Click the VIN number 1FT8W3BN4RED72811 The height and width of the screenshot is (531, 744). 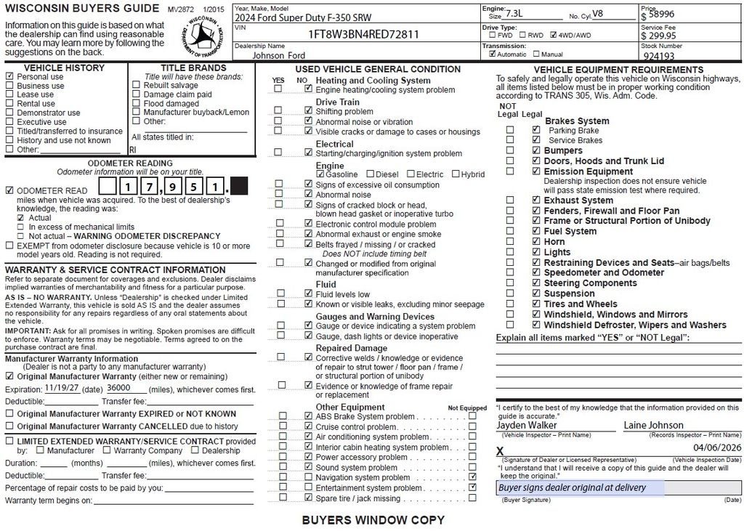(364, 34)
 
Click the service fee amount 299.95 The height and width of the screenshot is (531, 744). (663, 35)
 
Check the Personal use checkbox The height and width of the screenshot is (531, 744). (9, 76)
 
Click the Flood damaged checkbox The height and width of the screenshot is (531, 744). (136, 104)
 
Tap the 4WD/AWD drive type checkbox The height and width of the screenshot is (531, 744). (554, 34)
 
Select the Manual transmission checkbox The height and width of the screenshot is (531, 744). (536, 54)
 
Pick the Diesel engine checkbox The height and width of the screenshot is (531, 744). (370, 174)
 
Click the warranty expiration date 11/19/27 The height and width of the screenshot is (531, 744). (61, 388)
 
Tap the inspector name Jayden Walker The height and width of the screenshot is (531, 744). (527, 425)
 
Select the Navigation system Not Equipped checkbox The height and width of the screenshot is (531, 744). (473, 477)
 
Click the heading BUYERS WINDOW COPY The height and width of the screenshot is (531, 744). (373, 520)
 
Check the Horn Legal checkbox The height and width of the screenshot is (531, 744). (535, 242)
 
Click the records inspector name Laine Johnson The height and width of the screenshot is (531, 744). (653, 425)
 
